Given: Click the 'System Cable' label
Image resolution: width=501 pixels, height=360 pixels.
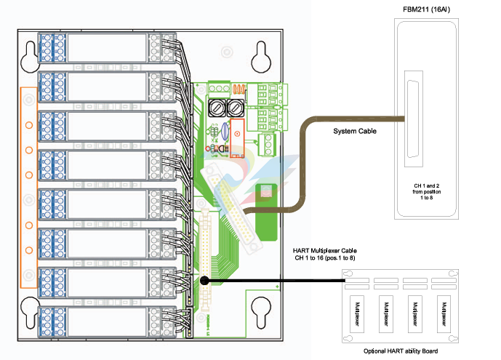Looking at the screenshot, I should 356,132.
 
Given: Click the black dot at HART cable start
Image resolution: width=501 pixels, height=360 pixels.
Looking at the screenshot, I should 205,279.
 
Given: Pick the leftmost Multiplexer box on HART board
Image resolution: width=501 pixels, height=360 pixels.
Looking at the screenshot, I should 356,312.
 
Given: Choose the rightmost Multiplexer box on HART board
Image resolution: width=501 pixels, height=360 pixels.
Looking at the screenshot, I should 442,312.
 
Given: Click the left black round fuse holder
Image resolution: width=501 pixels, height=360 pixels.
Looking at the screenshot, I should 217,108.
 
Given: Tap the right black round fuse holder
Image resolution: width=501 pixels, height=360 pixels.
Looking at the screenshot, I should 234,108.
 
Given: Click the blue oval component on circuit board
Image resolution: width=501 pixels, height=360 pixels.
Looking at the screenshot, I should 225,134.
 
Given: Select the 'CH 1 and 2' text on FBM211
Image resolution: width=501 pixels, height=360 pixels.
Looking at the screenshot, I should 425,186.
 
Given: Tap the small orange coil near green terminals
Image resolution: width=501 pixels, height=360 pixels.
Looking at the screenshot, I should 238,89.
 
